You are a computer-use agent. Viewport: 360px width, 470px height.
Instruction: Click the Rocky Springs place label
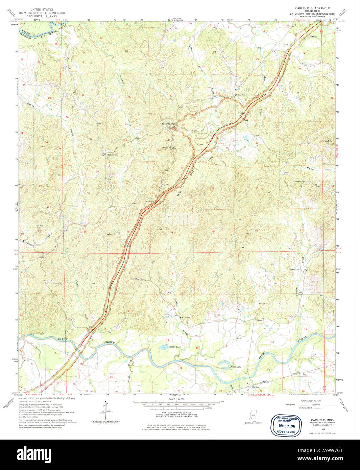(x=168, y=124)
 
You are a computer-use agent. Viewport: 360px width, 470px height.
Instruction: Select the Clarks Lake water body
(x=163, y=347)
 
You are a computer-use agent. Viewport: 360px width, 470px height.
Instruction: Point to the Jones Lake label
(x=236, y=367)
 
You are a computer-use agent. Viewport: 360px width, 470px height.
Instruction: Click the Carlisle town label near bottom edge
(x=256, y=387)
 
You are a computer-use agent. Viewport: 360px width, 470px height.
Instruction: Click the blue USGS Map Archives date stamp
(x=285, y=425)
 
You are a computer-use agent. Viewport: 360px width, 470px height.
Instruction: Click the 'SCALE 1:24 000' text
(x=176, y=399)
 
